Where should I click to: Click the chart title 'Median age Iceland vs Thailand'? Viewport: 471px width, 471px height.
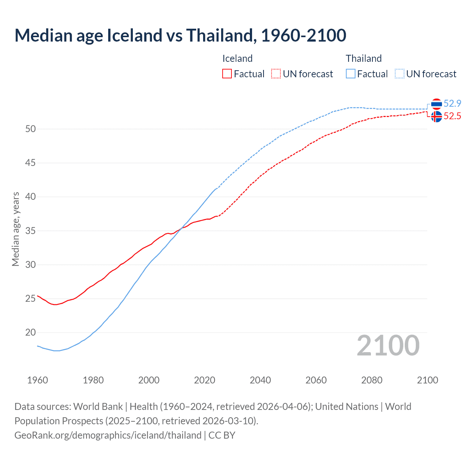click(x=180, y=35)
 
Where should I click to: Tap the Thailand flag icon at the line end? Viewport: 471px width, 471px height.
click(x=436, y=104)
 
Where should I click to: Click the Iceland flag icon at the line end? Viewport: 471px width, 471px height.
click(x=436, y=117)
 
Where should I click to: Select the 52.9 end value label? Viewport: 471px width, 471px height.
click(x=452, y=103)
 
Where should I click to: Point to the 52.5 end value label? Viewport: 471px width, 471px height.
click(x=452, y=116)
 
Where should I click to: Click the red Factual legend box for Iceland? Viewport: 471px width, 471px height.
click(x=227, y=74)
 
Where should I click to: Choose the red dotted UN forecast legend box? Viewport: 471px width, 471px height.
click(x=276, y=74)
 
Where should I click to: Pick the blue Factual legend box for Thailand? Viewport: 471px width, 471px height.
click(x=351, y=74)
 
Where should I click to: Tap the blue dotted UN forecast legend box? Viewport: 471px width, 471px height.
click(x=400, y=74)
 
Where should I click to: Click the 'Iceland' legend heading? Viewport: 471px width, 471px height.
click(x=237, y=59)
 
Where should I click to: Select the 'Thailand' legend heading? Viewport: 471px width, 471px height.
click(x=364, y=59)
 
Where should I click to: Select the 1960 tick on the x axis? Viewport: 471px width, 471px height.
click(x=38, y=380)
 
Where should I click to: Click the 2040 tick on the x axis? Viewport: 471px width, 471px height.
click(x=260, y=380)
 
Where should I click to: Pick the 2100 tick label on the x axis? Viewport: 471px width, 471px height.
click(x=428, y=380)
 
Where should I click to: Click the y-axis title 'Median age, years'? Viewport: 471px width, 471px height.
click(x=15, y=229)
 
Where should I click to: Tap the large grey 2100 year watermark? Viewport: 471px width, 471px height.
click(x=388, y=346)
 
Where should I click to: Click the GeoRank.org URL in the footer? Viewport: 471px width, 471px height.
click(x=108, y=435)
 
